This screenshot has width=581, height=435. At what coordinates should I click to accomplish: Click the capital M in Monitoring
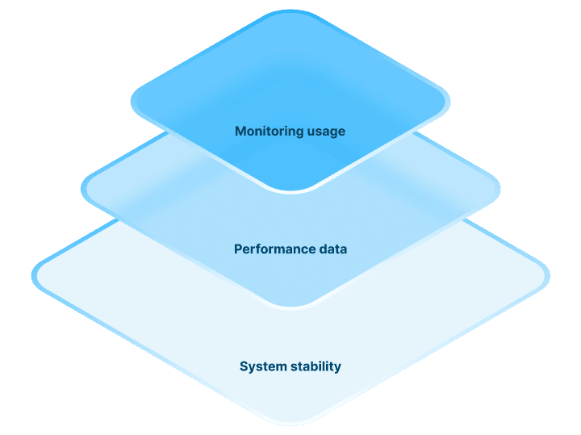coord(240,131)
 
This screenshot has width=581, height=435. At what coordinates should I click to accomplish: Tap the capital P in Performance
coord(238,249)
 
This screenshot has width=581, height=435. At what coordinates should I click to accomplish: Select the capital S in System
coord(244,366)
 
